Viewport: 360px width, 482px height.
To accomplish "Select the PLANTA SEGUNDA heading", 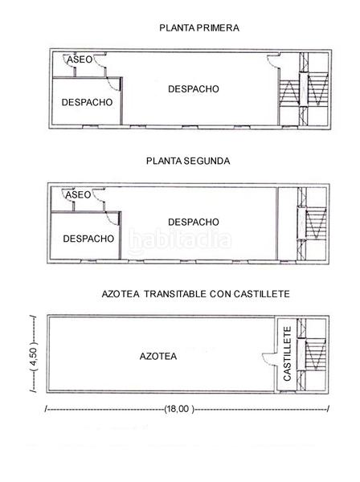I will pyautogui.click(x=188, y=161).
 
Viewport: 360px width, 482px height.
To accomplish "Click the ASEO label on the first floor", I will pyautogui.click(x=79, y=60).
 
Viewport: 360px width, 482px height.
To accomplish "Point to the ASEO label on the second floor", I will pyautogui.click(x=79, y=194).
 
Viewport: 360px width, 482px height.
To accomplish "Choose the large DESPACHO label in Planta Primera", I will pyautogui.click(x=194, y=89).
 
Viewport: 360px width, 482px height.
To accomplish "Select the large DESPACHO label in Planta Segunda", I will pyautogui.click(x=194, y=222).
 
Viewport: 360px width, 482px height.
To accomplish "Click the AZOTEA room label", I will pyautogui.click(x=157, y=355).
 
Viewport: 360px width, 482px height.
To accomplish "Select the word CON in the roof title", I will pyautogui.click(x=220, y=295).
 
